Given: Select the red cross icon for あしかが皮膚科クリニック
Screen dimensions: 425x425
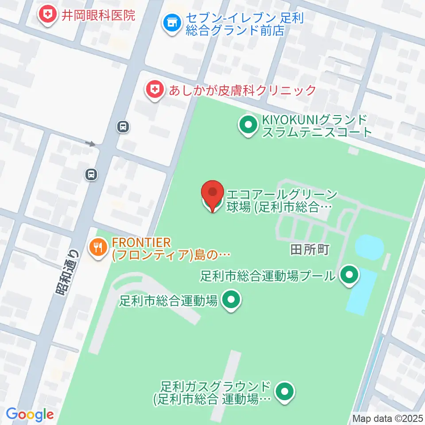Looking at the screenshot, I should [154, 91].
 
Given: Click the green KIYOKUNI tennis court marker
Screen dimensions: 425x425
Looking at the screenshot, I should [248, 125].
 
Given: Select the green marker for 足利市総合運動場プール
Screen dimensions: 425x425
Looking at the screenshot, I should [349, 276].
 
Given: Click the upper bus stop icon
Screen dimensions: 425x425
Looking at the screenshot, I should [123, 127].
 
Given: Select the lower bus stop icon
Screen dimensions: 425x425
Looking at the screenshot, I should [91, 174].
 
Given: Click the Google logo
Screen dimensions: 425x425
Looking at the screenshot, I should [30, 415].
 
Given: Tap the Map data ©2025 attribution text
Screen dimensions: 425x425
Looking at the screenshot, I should [387, 418].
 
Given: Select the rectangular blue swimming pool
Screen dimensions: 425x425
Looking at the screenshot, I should [361, 291].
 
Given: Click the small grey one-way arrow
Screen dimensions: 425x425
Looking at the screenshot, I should [90, 143].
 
